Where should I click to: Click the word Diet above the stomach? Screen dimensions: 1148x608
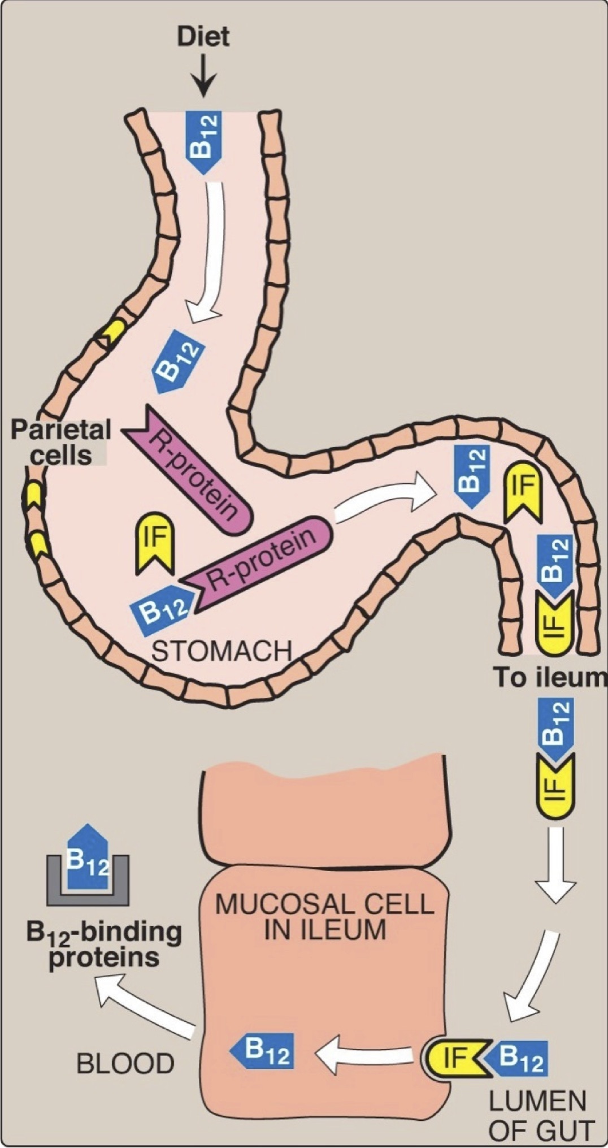pos(203,38)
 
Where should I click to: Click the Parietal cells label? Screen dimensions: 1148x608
pos(61,441)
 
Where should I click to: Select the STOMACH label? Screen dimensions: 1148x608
pos(222,651)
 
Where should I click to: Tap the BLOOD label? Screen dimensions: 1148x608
pos(125,1063)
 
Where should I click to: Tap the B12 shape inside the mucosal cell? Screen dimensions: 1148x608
pos(263,1051)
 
